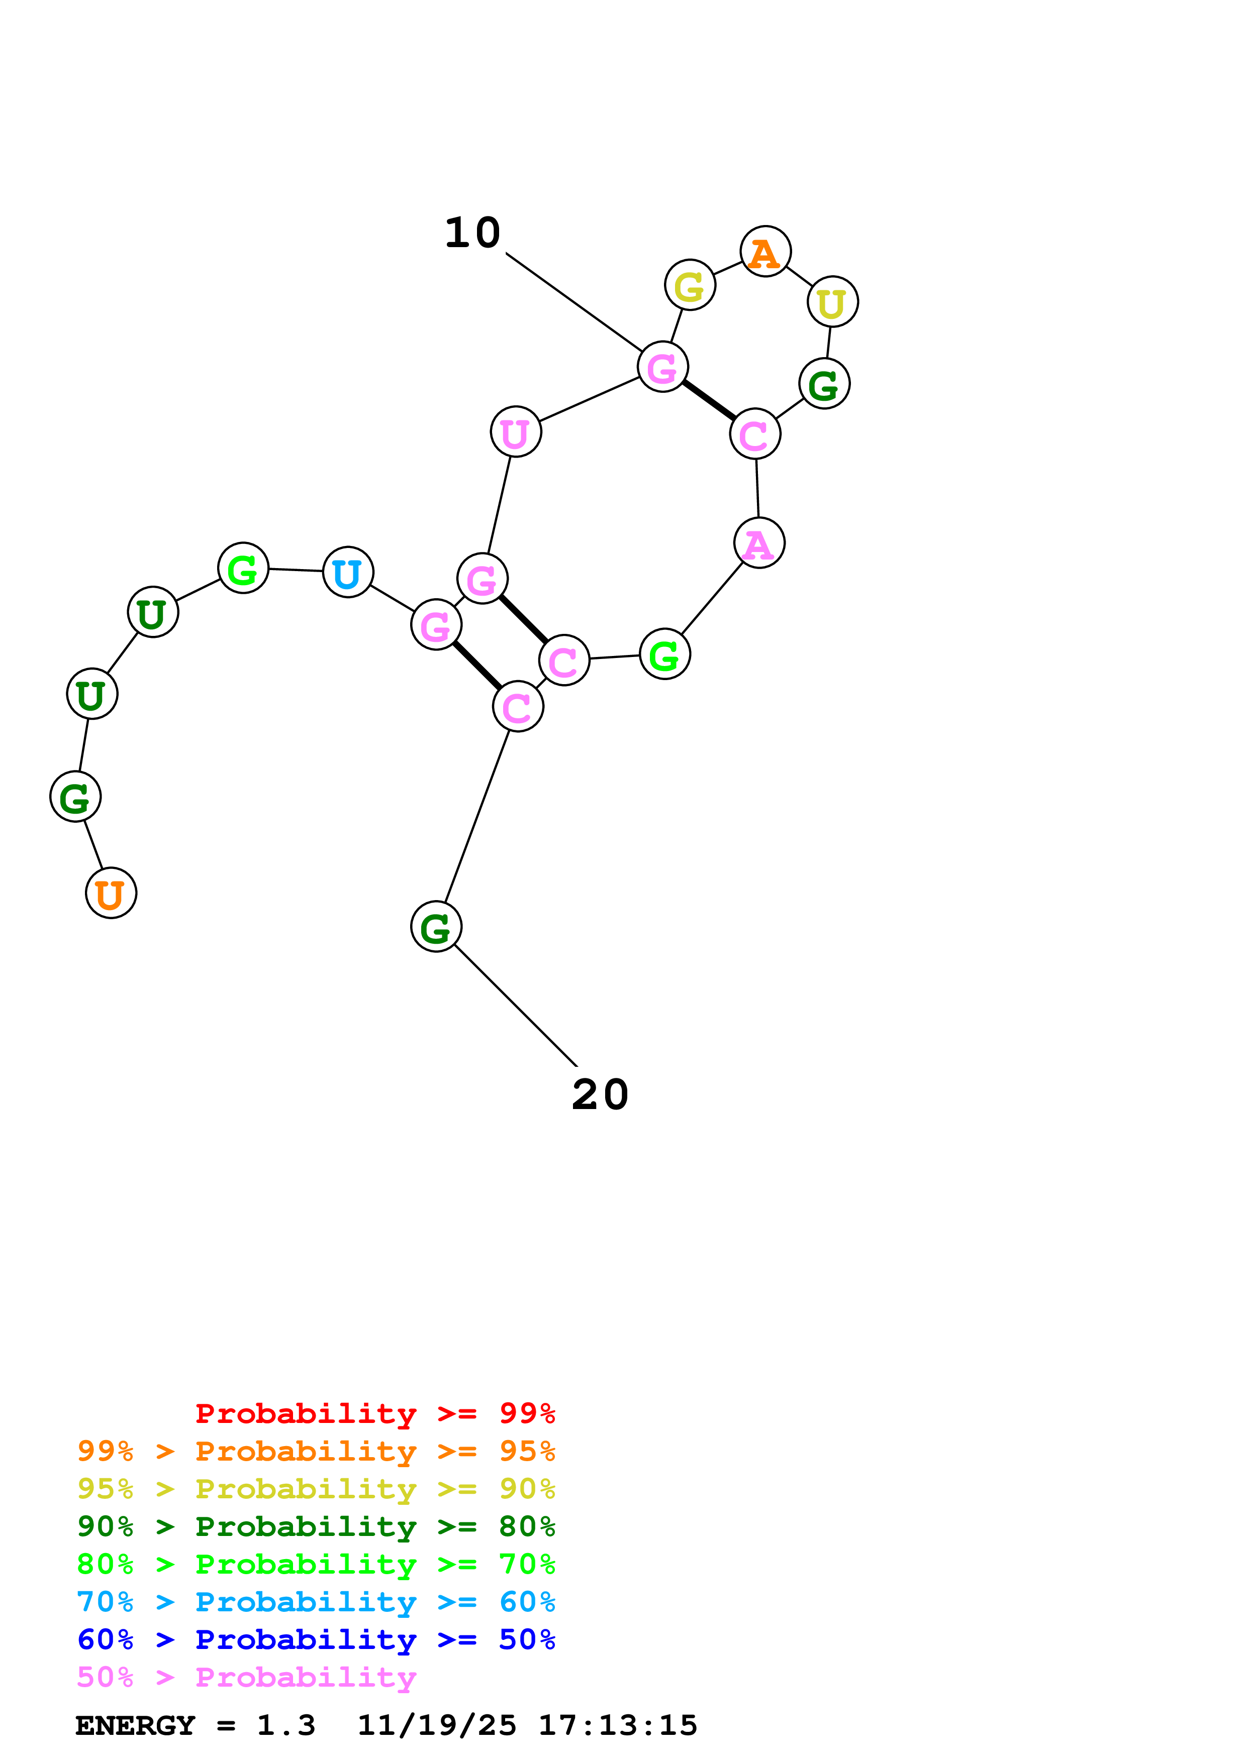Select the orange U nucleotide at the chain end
[x=111, y=893]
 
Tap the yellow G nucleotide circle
[x=690, y=285]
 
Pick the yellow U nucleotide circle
[x=832, y=301]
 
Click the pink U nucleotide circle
[x=515, y=431]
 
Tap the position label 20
[x=600, y=1094]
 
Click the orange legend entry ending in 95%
[x=316, y=1451]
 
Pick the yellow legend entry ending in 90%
[x=316, y=1489]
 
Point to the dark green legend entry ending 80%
[x=316, y=1526]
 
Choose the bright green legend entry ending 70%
[x=316, y=1564]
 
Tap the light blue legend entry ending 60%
[x=316, y=1602]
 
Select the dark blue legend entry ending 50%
[x=316, y=1639]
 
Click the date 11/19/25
[x=437, y=1726]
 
